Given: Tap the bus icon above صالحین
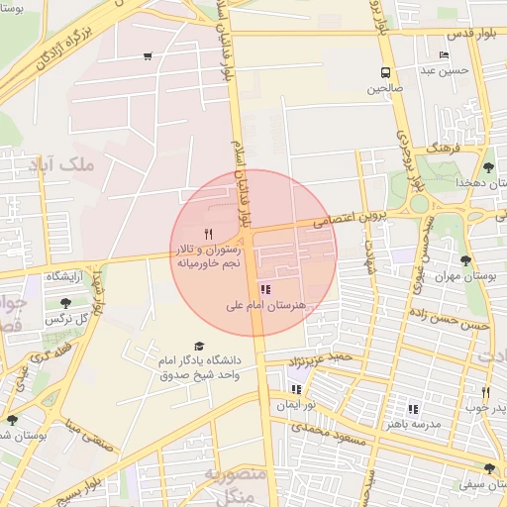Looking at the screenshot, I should click(385, 72).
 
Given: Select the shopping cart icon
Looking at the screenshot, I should click(148, 55).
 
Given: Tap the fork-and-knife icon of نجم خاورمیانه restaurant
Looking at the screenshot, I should click(207, 234).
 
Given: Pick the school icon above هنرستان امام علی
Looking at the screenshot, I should click(264, 289).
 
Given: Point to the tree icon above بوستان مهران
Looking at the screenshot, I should click(465, 260).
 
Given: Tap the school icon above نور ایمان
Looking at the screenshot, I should click(296, 389).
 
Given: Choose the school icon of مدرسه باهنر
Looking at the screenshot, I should click(413, 408).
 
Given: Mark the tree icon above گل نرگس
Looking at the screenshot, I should click(65, 303).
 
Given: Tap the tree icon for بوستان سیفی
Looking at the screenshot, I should click(489, 468).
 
